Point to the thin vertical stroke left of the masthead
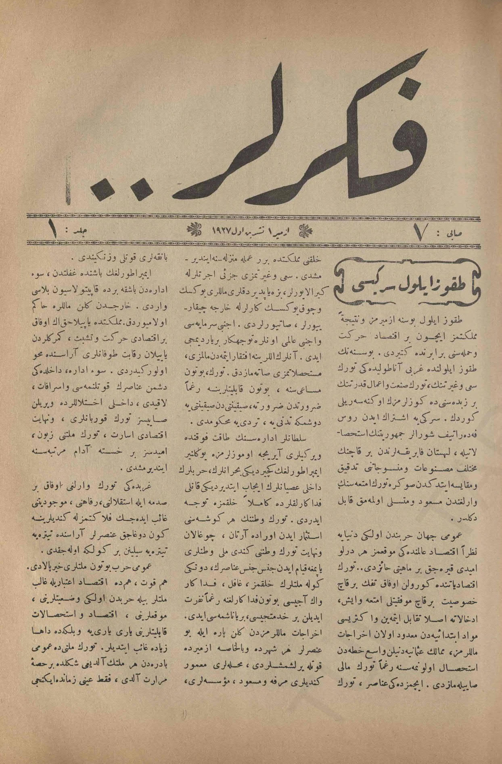65,194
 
